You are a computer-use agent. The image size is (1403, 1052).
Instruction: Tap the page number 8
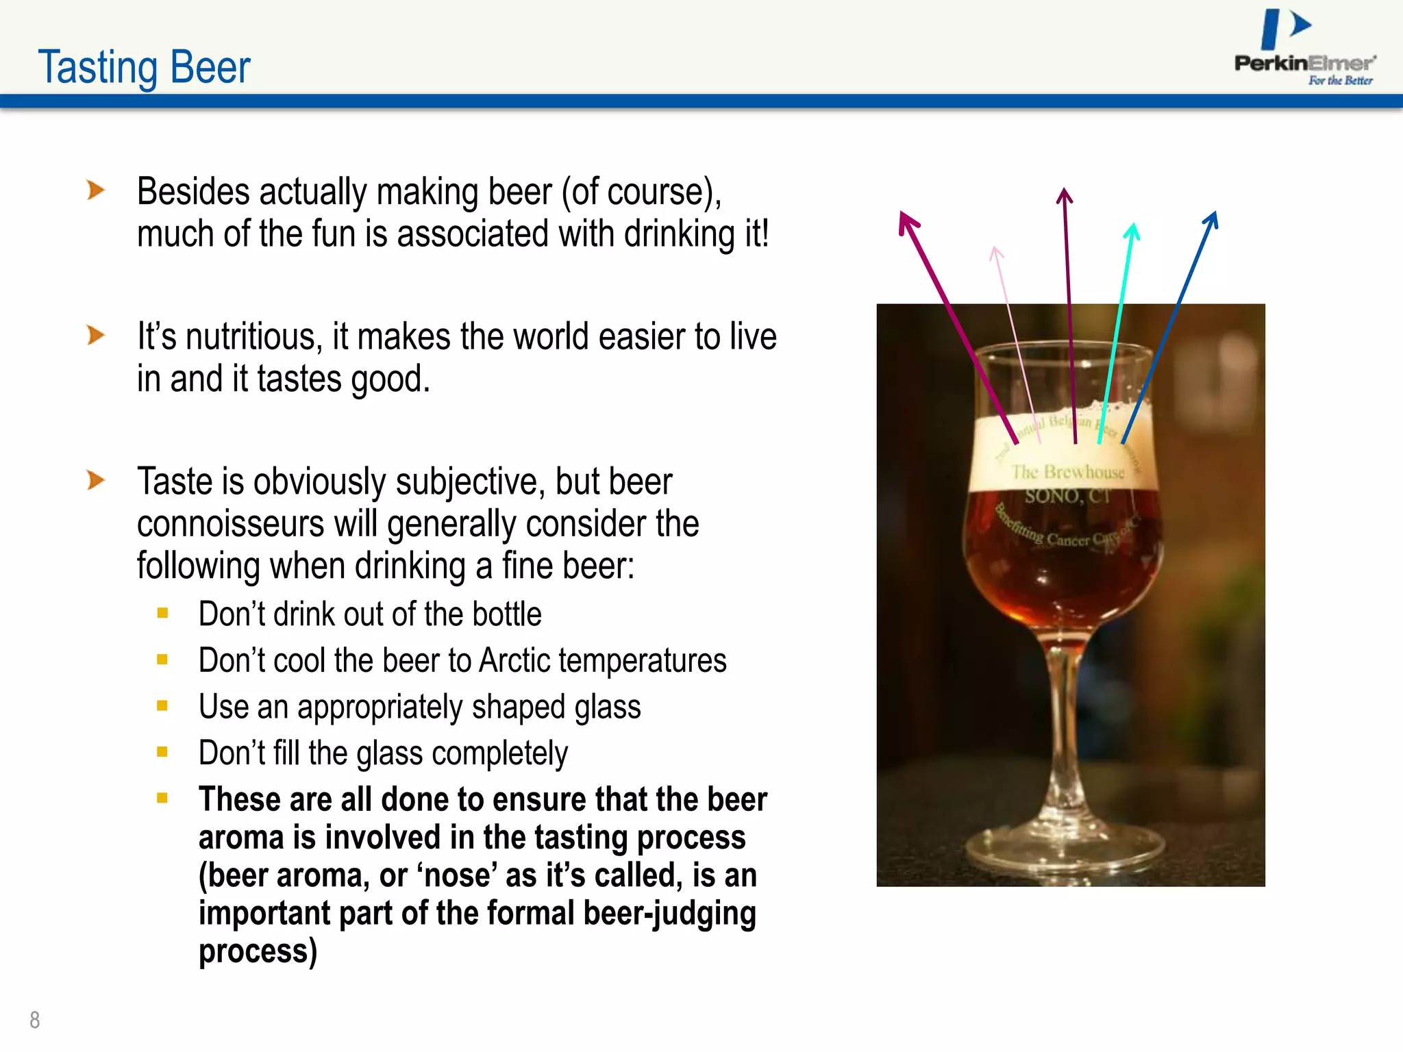35,1020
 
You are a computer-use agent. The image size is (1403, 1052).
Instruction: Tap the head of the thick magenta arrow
908,223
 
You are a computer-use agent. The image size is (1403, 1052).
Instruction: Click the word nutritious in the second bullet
251,337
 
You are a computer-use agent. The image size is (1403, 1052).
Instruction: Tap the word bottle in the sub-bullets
506,614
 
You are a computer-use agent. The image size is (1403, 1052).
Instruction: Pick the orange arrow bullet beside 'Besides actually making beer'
96,190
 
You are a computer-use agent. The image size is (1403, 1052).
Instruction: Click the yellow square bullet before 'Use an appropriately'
162,706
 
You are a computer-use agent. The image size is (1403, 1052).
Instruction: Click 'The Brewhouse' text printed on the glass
1068,473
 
